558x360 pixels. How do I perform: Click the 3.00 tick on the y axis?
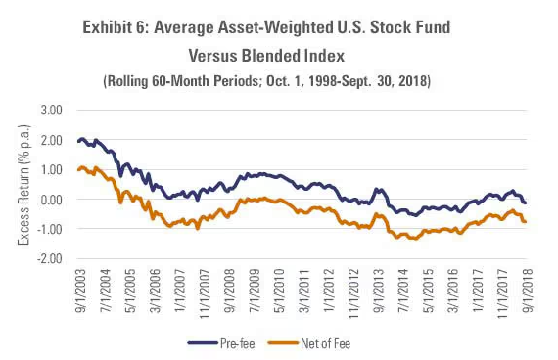(51, 111)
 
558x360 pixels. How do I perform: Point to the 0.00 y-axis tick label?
(51, 200)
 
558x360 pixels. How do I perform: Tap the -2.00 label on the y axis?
(50, 259)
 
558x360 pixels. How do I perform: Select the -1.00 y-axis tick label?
(50, 229)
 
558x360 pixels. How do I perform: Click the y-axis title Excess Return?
(23, 185)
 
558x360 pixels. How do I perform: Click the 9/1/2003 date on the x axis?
(81, 290)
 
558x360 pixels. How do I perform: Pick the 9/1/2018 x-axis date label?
(529, 290)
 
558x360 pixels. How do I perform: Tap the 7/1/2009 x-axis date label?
(256, 290)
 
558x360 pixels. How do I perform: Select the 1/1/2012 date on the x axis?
(330, 290)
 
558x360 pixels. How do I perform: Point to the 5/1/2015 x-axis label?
(429, 290)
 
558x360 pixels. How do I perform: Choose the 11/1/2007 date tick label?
(206, 293)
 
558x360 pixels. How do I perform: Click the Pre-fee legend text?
(237, 343)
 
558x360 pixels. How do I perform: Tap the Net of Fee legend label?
(326, 343)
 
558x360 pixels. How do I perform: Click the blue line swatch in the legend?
(203, 343)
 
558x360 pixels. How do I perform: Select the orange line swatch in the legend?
(283, 343)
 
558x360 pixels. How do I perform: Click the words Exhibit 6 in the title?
(115, 27)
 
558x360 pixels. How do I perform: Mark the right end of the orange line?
(526, 222)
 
